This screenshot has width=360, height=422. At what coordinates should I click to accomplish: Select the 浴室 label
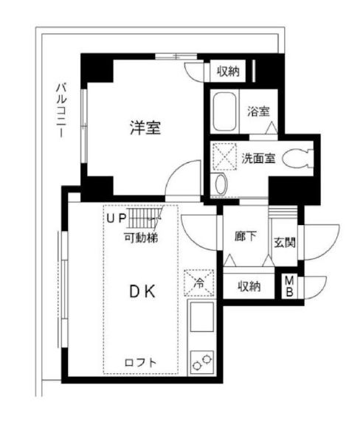[x=258, y=111]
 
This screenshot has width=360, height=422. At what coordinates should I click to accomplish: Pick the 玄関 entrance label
[x=285, y=242]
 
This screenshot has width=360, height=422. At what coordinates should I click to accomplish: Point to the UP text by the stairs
[x=115, y=218]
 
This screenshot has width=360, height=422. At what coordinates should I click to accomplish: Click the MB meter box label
[x=290, y=286]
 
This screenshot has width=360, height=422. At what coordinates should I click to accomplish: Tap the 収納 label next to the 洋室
[x=228, y=72]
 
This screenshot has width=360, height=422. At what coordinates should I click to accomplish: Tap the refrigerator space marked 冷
[x=199, y=280]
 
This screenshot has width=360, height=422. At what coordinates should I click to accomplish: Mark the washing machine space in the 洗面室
[x=224, y=156]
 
